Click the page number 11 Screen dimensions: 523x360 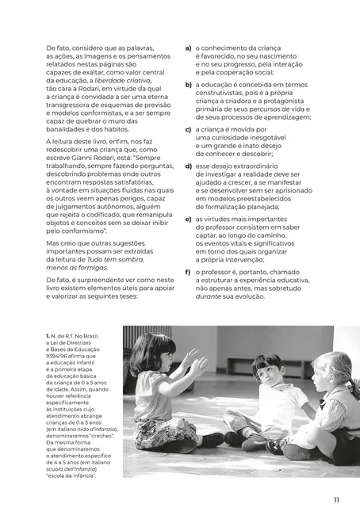(x=336, y=499)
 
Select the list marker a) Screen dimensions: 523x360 (x=188, y=48)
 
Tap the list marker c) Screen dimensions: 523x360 (x=188, y=129)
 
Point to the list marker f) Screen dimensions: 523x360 (x=188, y=272)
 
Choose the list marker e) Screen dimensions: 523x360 (x=188, y=219)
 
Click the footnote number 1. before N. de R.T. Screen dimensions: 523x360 (x=49, y=338)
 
